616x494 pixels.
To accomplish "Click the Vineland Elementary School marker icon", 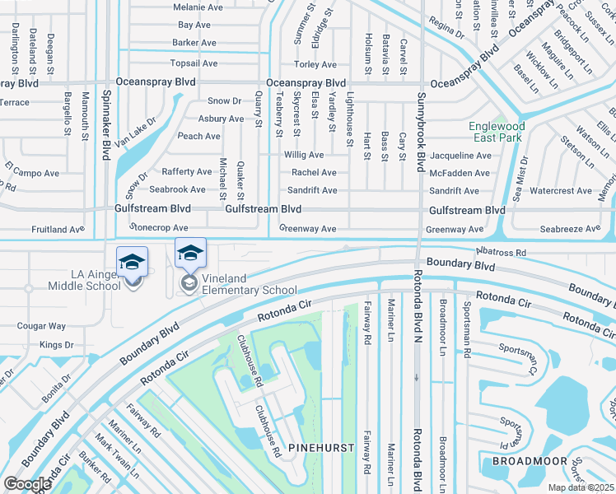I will (190, 254).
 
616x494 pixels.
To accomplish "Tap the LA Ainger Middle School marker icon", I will (132, 263).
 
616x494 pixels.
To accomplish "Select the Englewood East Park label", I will (496, 132).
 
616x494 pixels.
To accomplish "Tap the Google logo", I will (28, 483).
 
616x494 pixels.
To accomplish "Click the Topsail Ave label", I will (194, 63).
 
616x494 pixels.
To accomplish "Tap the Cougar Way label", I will (41, 326).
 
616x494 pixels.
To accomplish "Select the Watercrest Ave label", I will (560, 191).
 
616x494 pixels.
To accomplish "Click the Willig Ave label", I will (304, 155).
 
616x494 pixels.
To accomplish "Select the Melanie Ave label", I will (198, 7).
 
